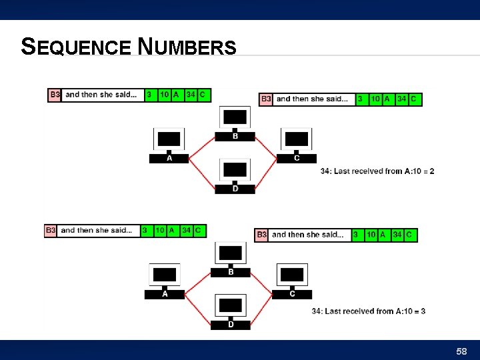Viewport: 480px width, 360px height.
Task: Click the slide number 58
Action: tap(461, 351)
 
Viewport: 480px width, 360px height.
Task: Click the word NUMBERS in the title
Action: tap(187, 47)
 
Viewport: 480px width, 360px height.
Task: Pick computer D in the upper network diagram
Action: tap(235, 175)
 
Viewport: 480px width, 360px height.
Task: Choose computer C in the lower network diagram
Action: tap(292, 279)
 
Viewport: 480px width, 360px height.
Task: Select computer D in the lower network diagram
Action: tap(231, 310)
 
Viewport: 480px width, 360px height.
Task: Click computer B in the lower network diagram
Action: tap(231, 257)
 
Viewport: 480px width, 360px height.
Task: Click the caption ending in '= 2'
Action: tap(377, 171)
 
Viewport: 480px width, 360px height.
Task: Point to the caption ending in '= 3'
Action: tap(369, 311)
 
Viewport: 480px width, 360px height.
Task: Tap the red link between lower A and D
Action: tap(198, 309)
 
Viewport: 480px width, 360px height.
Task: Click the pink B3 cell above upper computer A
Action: tap(55, 95)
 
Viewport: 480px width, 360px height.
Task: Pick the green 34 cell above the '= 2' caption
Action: tap(401, 99)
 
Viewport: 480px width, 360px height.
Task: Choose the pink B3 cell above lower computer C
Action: tap(262, 235)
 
